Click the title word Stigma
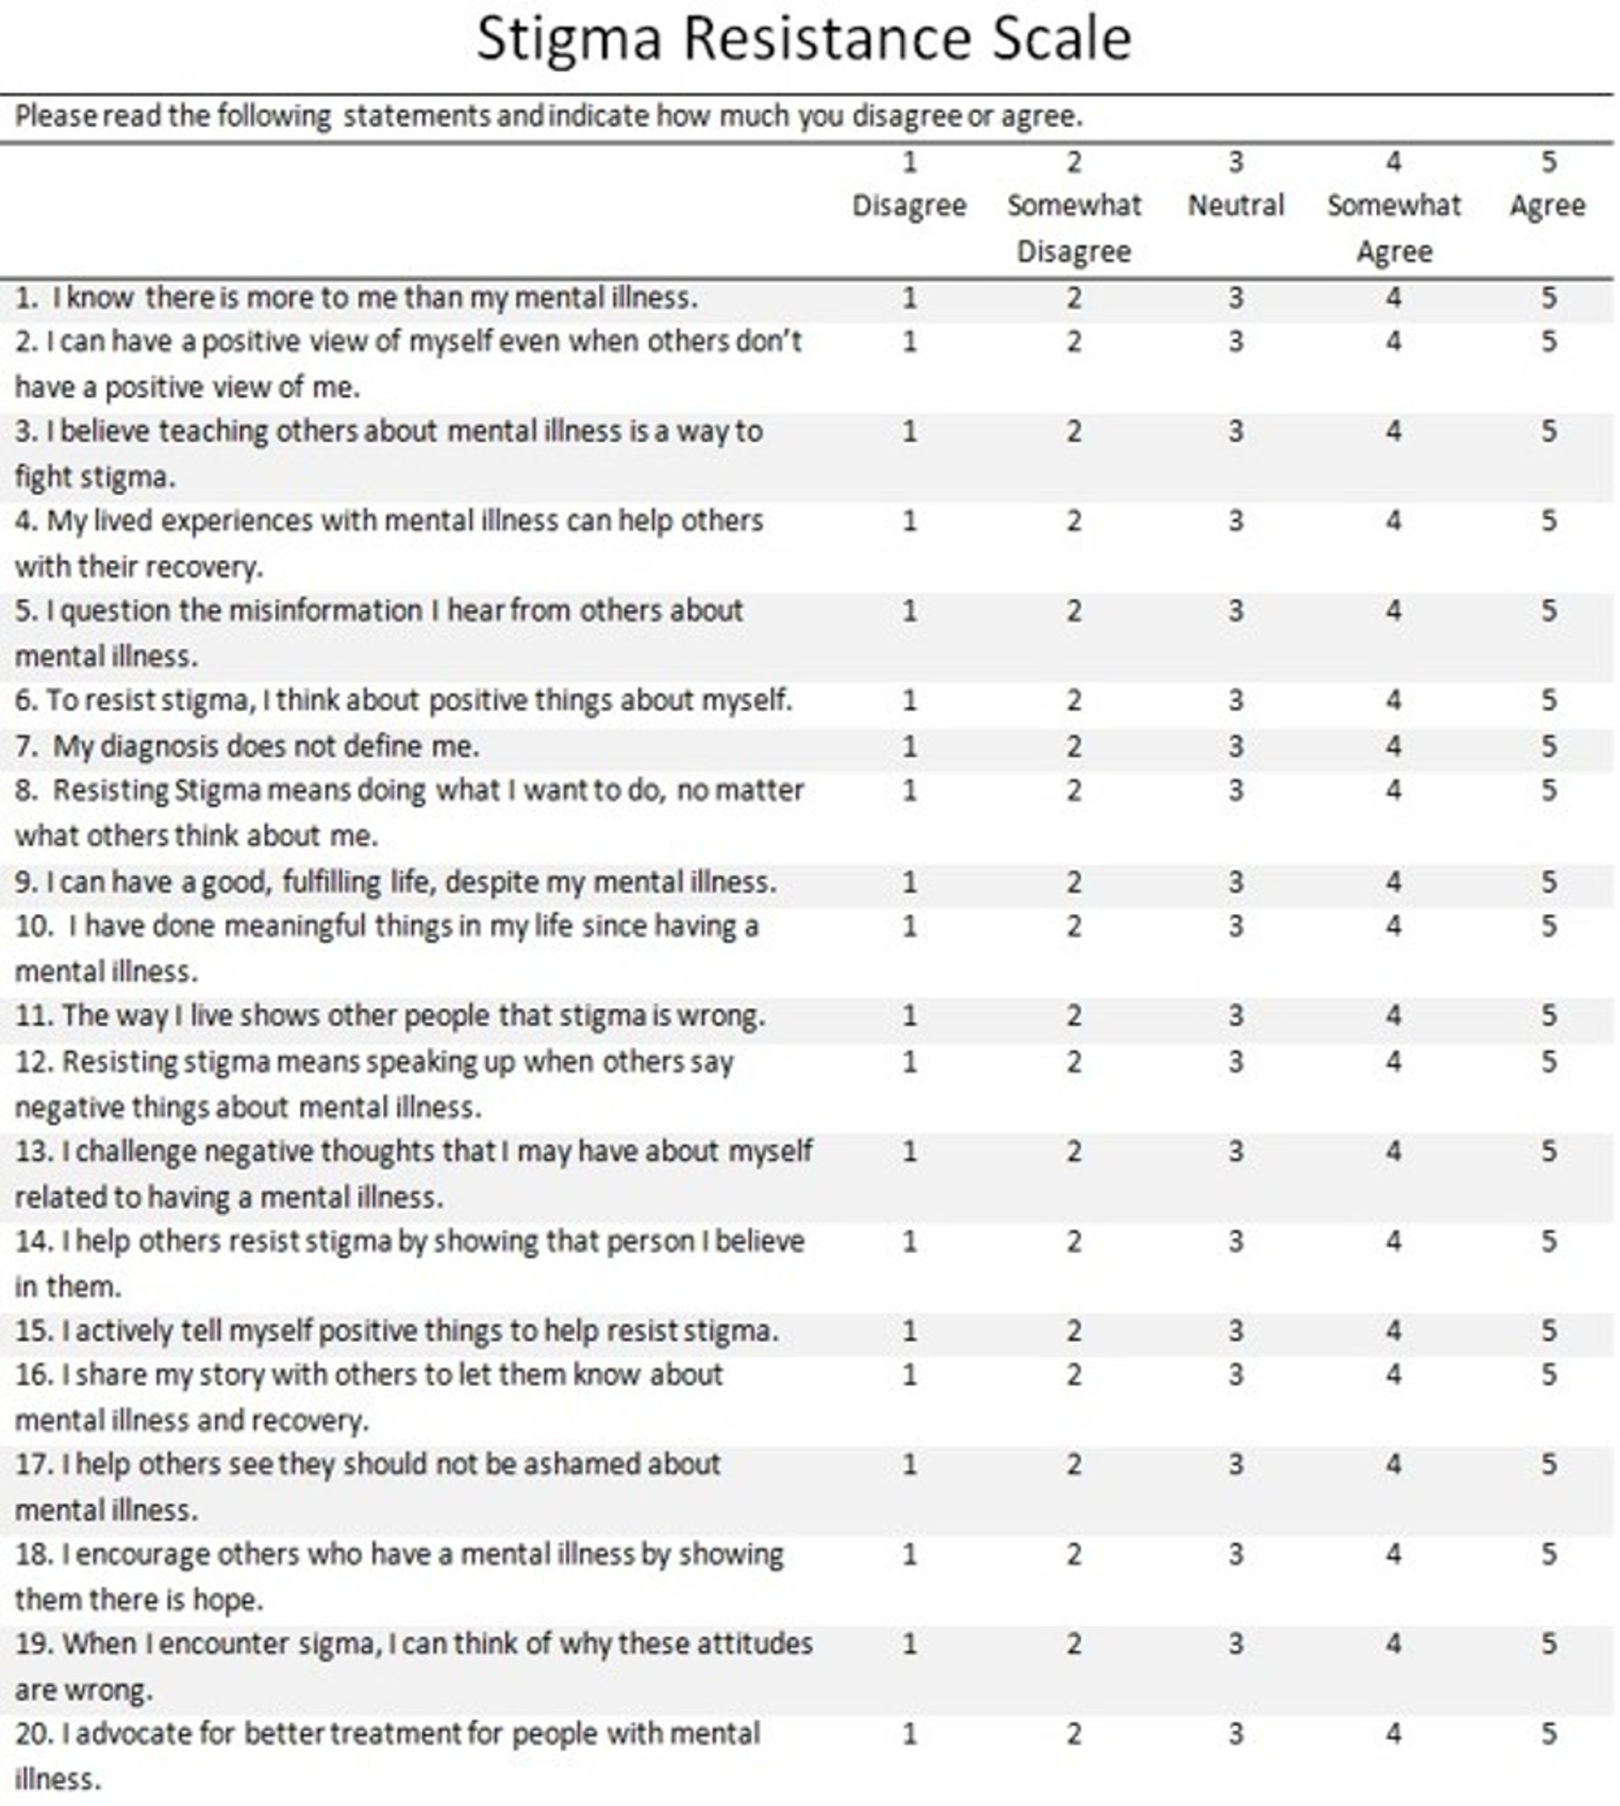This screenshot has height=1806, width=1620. tap(570, 40)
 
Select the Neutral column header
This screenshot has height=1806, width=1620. tap(1234, 205)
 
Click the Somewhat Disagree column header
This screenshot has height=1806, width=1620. tap(1073, 227)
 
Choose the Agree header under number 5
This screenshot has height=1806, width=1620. tap(1547, 205)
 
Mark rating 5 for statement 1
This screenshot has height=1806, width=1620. tap(1548, 297)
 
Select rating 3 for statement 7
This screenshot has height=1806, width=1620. tap(1235, 746)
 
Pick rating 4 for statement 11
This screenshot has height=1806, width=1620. tap(1393, 1015)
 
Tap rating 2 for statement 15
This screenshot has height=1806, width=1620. tap(1073, 1330)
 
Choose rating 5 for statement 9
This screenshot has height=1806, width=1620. tap(1548, 880)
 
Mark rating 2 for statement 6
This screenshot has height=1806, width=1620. tap(1073, 700)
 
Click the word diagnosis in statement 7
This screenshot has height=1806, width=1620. tap(158, 747)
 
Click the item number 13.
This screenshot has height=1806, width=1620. tap(34, 1151)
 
